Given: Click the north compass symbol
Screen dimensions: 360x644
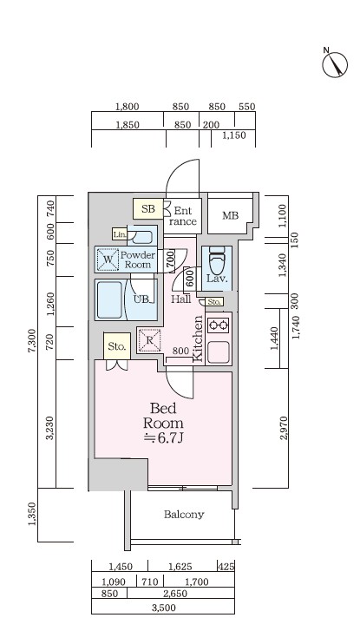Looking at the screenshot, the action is click(335, 63).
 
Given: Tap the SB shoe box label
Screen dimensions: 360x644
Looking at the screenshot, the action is click(148, 208).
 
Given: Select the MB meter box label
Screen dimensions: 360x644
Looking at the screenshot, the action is click(230, 215).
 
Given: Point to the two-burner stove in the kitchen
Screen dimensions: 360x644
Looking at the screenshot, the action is click(219, 325).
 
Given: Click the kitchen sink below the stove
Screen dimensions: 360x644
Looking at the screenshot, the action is click(219, 352).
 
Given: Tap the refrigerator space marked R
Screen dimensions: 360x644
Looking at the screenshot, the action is click(149, 340).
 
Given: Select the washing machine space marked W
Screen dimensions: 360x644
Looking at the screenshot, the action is click(108, 260).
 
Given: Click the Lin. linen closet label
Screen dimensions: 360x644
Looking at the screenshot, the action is click(120, 234).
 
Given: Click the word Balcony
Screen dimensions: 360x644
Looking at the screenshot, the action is click(184, 514).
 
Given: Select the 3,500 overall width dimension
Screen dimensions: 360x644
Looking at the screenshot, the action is click(163, 608).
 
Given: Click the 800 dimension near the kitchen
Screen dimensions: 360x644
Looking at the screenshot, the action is click(180, 351).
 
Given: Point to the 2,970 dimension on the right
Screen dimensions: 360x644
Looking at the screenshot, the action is click(284, 429).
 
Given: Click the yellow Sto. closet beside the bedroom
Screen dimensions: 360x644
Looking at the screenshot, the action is click(117, 345).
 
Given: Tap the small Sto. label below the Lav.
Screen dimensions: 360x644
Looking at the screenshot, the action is click(214, 302).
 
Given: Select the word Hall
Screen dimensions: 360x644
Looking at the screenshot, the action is click(181, 299).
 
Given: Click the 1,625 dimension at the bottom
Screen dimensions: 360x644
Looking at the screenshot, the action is click(180, 567).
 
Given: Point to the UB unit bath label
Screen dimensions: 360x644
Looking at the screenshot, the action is click(142, 299).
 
